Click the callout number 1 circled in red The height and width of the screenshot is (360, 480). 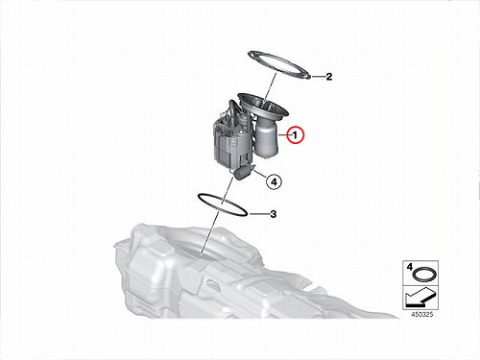tap(295, 135)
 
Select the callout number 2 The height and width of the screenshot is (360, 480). tap(328, 77)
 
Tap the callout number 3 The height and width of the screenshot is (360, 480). tap(273, 214)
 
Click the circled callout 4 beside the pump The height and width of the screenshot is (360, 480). tap(274, 182)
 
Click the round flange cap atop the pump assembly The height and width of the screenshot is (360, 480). tap(263, 107)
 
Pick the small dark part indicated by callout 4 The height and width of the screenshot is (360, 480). tap(244, 172)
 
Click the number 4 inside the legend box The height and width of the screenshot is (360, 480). tap(409, 267)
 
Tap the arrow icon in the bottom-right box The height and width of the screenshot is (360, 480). tap(420, 297)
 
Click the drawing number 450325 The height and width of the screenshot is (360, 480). tap(422, 315)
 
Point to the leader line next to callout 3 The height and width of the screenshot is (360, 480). tap(258, 214)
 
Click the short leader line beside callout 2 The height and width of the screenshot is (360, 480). tap(318, 77)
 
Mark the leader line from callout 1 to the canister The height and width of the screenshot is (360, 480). tap(283, 135)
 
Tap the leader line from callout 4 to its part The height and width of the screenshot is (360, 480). tap(261, 175)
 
